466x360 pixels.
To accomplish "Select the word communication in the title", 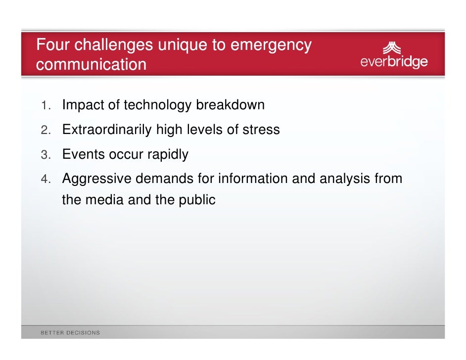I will coord(91,64).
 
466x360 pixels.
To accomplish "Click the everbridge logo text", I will coord(394,63).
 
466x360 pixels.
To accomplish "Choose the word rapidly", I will coord(168,155).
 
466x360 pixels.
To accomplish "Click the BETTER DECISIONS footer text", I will coord(70,332).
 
